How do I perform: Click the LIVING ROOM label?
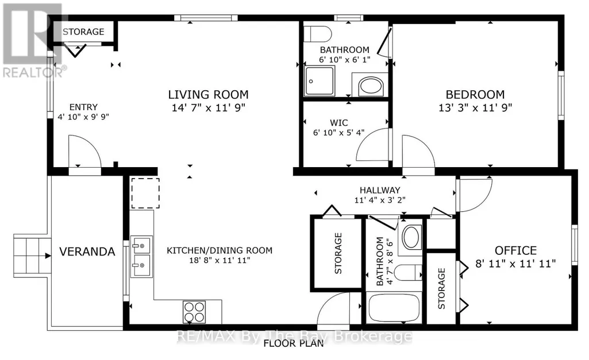click(x=208, y=95)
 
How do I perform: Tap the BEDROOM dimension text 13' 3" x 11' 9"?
click(x=475, y=108)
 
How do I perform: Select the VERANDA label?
click(x=87, y=251)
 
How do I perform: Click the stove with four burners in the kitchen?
click(x=194, y=312)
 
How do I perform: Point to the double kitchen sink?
click(x=141, y=257)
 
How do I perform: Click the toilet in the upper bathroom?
click(x=317, y=34)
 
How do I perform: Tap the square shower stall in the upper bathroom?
click(x=319, y=81)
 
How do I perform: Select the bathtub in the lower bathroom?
click(x=394, y=308)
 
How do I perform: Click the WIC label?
click(x=339, y=123)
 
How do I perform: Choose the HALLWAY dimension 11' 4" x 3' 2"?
click(x=380, y=200)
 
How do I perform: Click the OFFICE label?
click(x=515, y=250)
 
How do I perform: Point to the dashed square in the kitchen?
click(x=145, y=193)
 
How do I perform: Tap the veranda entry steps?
click(x=32, y=256)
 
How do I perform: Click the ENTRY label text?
click(x=83, y=107)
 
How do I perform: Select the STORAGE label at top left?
click(x=83, y=32)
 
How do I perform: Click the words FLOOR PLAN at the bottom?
click(x=294, y=343)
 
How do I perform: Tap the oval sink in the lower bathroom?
click(x=411, y=237)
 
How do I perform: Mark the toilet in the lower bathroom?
click(x=407, y=272)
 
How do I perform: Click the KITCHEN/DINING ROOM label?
click(x=220, y=250)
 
